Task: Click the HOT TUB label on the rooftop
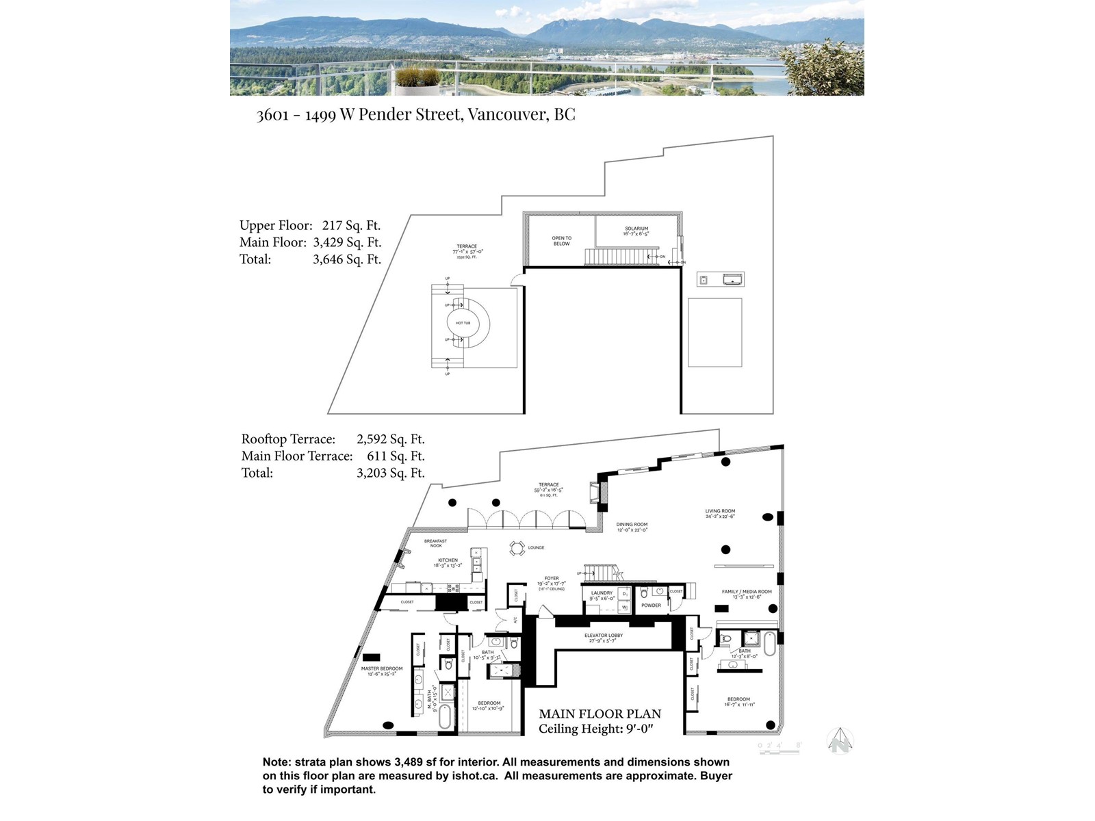463,323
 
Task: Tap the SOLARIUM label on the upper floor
636,229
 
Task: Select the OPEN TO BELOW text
561,241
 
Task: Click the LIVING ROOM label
720,511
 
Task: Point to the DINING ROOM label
631,525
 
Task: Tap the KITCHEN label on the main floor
448,560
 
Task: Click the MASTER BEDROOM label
382,668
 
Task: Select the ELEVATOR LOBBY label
603,636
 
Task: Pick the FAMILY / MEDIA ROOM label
746,592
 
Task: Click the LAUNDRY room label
602,593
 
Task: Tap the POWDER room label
651,605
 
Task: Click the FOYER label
552,579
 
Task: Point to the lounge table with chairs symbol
517,547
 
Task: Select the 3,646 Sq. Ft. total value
347,259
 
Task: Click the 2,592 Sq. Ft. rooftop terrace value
390,439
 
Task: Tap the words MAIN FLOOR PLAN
600,714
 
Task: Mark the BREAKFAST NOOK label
435,543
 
